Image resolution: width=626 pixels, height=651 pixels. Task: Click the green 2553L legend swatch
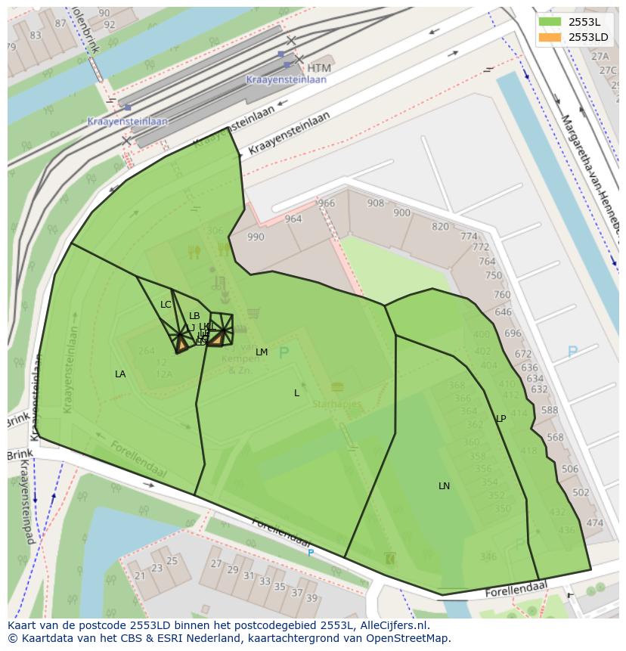(550, 22)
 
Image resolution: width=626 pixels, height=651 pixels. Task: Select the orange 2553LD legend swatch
(550, 37)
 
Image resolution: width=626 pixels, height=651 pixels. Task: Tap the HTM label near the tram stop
(319, 68)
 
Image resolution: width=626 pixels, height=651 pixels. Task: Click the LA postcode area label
(120, 374)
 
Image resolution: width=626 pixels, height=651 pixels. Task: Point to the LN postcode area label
(444, 486)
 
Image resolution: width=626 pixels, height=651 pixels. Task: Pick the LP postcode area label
(500, 419)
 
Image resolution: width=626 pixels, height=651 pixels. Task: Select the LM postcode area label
(262, 352)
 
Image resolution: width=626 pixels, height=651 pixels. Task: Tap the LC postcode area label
(166, 305)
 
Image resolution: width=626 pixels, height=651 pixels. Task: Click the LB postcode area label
(194, 316)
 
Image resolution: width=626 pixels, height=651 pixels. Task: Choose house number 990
(256, 237)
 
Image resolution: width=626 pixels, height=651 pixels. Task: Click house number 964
(293, 219)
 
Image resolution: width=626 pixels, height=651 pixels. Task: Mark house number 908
(375, 203)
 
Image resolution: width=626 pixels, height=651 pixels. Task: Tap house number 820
(440, 227)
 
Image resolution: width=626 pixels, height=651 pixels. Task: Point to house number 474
(594, 522)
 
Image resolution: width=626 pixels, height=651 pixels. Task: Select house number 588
(549, 411)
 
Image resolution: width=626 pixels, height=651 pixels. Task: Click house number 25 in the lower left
(172, 561)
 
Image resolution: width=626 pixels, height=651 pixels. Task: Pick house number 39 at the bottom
(311, 598)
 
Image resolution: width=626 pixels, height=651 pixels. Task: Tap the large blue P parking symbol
(572, 352)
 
